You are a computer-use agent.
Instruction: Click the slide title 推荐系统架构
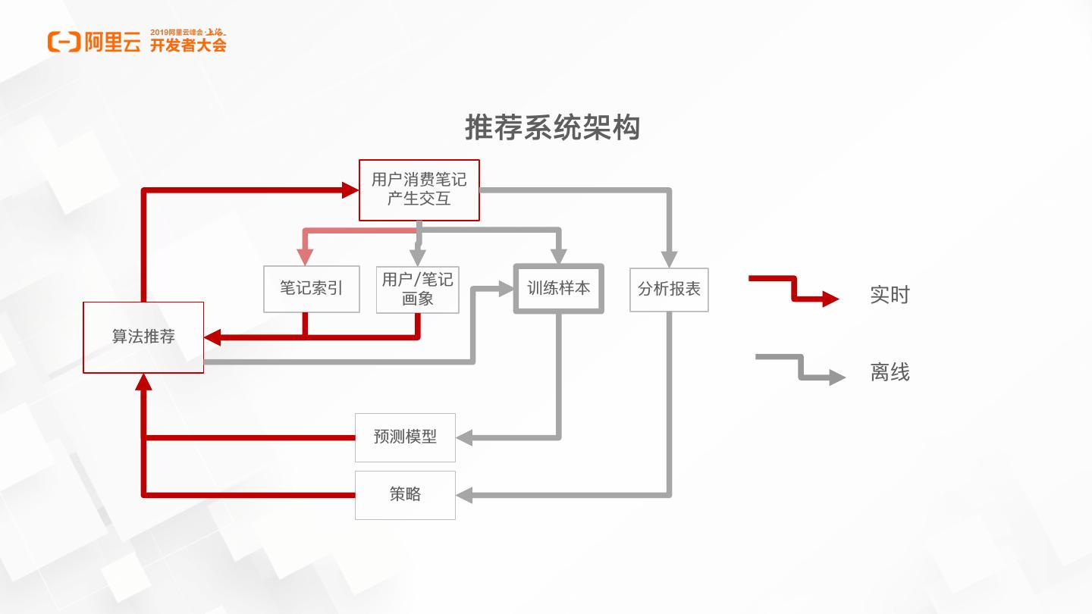(552, 128)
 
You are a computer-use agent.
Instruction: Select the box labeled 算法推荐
(143, 337)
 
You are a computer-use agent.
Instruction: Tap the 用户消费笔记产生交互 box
(419, 190)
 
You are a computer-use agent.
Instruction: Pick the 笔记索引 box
(311, 289)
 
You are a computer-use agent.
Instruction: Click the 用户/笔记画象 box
(418, 289)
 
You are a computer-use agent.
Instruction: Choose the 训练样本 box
(559, 288)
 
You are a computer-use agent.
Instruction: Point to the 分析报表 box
(669, 289)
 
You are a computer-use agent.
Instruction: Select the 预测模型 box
(405, 437)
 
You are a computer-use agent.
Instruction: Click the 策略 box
(405, 495)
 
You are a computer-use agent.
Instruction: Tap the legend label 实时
(890, 295)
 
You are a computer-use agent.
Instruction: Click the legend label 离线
(890, 372)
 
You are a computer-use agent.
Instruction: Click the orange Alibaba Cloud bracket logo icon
(64, 42)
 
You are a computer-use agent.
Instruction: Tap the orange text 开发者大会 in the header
(188, 45)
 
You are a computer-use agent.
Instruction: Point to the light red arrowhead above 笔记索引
(304, 257)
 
